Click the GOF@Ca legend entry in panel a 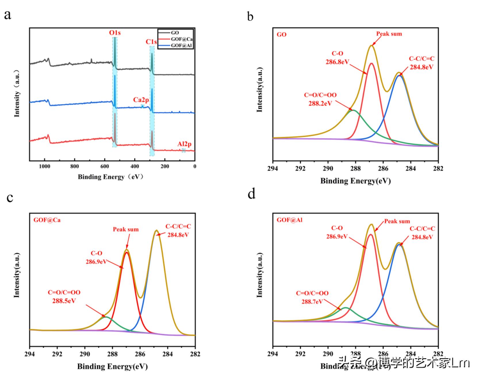(x=181, y=39)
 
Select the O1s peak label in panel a (x=115, y=33)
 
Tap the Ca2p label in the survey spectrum (x=141, y=100)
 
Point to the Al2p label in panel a (x=184, y=144)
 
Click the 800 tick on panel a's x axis (x=74, y=166)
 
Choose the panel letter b (x=250, y=17)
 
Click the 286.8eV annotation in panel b (x=337, y=61)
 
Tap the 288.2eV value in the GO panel (x=320, y=103)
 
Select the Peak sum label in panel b (x=389, y=34)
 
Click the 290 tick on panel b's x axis (x=328, y=169)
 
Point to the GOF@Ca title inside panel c (x=47, y=221)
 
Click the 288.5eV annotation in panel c (x=64, y=301)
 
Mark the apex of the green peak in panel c (x=106, y=317)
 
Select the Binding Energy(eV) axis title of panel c (x=112, y=366)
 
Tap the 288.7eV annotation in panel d (x=312, y=301)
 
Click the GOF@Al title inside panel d (x=290, y=220)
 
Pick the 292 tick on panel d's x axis (x=300, y=354)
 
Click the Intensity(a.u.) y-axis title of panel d (x=260, y=275)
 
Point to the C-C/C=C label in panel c (x=178, y=227)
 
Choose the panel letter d (x=251, y=194)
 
